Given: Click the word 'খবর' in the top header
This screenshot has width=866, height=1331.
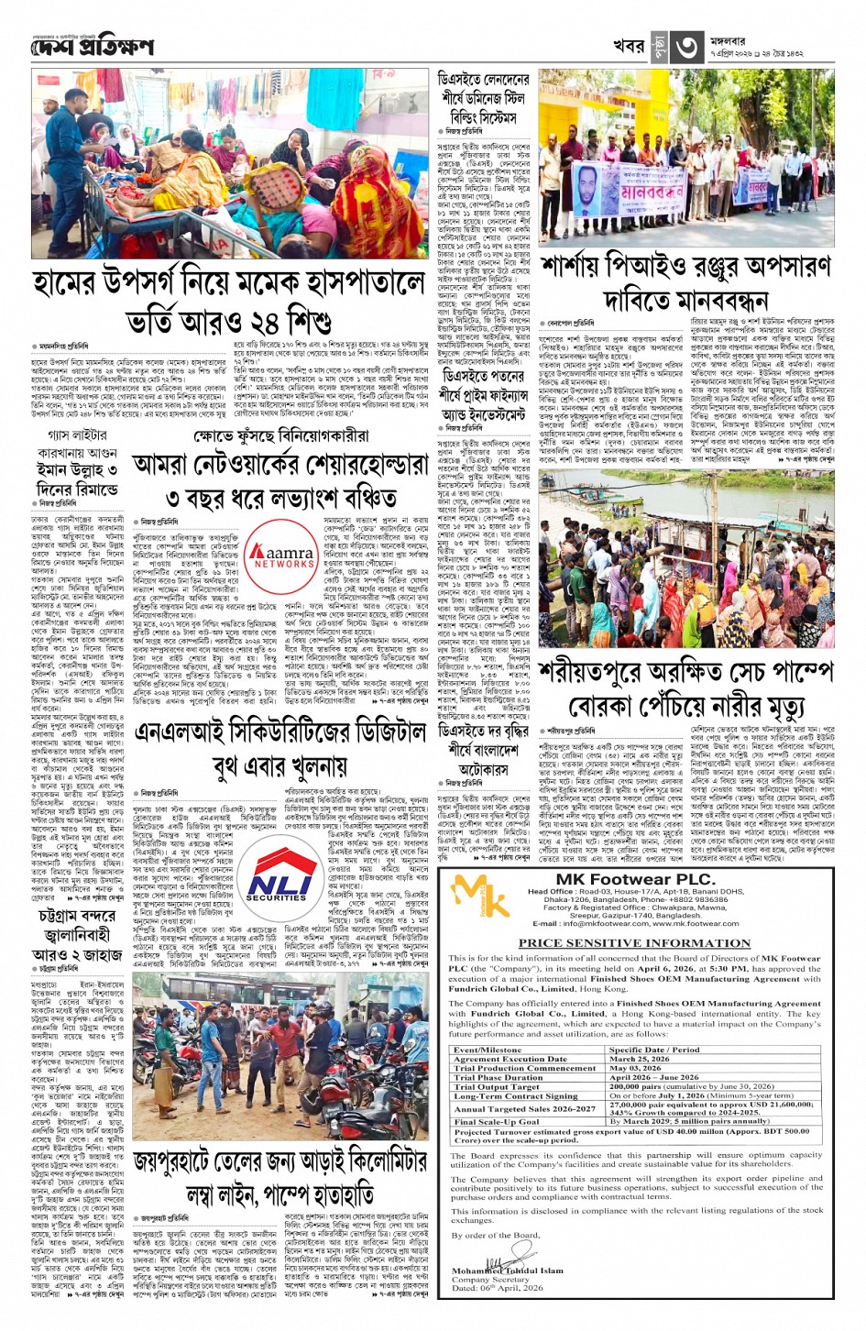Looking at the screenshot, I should (629, 46).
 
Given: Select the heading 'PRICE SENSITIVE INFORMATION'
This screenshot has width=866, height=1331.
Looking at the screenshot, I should (634, 942).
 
